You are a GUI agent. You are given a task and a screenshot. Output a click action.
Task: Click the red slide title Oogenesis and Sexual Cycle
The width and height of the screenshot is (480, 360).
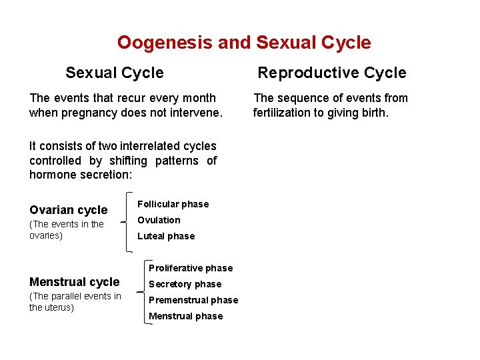click(244, 43)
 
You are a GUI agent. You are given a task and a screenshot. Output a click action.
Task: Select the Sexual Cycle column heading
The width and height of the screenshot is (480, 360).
click(114, 73)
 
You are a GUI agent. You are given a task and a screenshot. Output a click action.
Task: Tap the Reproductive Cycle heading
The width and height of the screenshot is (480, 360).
click(331, 73)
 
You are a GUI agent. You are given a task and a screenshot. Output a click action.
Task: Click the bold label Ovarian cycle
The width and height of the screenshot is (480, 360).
click(68, 210)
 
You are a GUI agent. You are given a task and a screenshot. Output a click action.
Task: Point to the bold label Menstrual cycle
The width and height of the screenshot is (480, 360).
click(74, 282)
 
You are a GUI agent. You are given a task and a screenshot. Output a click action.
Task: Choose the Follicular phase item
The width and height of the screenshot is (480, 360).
click(173, 204)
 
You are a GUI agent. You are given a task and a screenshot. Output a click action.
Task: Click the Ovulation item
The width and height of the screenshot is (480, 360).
click(159, 220)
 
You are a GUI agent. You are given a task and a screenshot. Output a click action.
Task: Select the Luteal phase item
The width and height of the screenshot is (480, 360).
click(166, 236)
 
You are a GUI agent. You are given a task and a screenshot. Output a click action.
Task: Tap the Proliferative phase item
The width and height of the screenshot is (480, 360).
click(191, 268)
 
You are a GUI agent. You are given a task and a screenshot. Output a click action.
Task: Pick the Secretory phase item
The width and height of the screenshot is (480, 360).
click(185, 284)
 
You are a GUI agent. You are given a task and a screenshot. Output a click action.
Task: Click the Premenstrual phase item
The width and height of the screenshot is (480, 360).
click(193, 300)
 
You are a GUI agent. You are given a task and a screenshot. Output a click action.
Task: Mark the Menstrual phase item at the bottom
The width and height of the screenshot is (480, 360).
click(186, 316)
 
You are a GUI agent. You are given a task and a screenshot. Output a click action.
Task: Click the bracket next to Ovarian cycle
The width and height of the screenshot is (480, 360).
click(126, 221)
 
